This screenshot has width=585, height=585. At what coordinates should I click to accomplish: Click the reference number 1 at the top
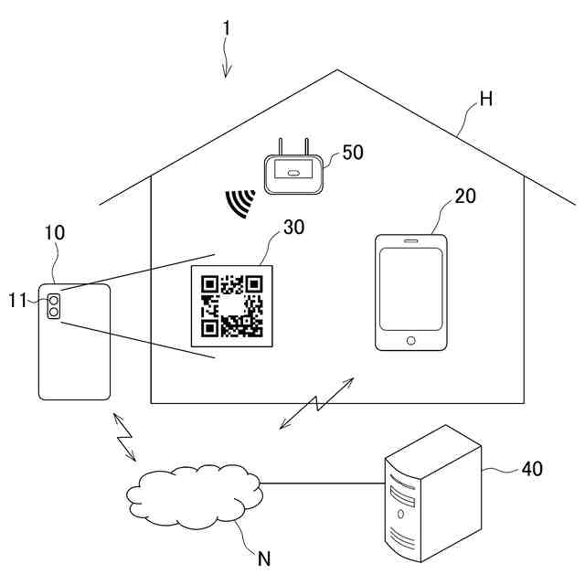(226, 28)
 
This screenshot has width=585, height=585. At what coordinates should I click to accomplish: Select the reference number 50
(352, 153)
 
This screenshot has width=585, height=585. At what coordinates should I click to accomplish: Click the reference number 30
(293, 228)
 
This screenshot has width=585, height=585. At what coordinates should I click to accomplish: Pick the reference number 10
(55, 233)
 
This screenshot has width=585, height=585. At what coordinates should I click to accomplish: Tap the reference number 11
(19, 299)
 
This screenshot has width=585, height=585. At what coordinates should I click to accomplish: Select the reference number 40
(531, 469)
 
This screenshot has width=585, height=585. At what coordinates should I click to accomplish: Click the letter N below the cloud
(265, 556)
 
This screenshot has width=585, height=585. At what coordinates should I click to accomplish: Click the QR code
(232, 305)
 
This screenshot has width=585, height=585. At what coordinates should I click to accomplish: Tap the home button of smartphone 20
(410, 340)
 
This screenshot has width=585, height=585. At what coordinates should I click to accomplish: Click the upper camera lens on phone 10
(54, 299)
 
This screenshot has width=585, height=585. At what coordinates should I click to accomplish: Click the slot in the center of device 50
(293, 173)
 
